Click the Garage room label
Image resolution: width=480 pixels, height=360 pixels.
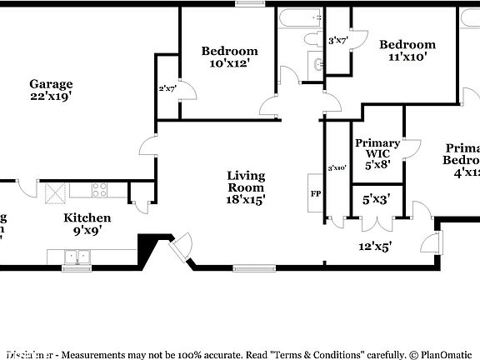(x=51, y=83)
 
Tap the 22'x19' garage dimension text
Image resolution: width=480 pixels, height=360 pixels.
(x=51, y=96)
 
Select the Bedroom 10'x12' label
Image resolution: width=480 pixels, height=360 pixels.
(x=229, y=51)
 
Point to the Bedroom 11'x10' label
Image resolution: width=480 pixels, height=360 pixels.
(x=407, y=45)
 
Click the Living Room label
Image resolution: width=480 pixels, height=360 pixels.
(x=247, y=182)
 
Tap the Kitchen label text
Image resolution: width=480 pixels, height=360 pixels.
(x=87, y=217)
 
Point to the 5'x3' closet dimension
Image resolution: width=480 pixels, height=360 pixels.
(x=377, y=200)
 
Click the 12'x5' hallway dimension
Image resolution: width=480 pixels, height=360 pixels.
(x=375, y=245)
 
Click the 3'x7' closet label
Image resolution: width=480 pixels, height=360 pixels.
(x=337, y=40)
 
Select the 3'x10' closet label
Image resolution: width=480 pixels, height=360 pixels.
(x=337, y=167)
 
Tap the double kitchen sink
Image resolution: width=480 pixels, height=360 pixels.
(x=77, y=258)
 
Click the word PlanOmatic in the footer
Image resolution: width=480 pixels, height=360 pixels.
(x=450, y=354)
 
